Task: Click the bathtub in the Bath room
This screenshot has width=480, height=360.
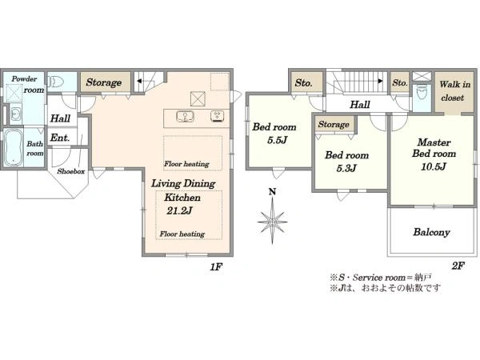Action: (14, 148)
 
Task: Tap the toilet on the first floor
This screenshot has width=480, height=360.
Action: (56, 82)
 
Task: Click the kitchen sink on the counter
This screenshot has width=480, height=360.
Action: (186, 116)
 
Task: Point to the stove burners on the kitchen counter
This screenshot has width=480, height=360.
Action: (218, 116)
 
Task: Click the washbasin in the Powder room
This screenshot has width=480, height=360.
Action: (15, 114)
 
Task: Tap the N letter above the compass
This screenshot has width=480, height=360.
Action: (272, 192)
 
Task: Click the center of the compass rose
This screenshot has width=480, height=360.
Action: (272, 221)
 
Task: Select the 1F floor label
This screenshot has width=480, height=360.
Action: (216, 267)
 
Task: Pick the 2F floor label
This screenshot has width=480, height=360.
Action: (458, 266)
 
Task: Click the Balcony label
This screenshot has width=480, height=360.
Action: (431, 232)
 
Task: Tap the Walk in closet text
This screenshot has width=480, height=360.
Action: (454, 91)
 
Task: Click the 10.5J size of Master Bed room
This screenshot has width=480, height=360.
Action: (434, 166)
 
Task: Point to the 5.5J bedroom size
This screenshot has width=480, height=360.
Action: (277, 140)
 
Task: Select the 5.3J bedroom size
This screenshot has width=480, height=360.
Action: (346, 168)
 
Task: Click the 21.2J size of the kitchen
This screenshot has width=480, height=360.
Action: (179, 210)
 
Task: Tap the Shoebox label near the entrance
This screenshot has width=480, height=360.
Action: (71, 171)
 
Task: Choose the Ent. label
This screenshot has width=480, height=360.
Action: (60, 138)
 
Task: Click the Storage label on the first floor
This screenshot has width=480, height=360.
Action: (104, 82)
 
